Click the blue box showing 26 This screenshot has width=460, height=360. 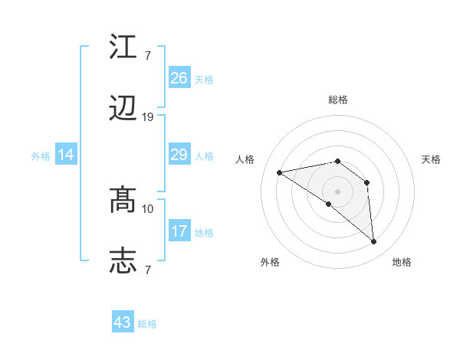(x=179, y=78)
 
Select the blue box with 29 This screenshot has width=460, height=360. (x=179, y=155)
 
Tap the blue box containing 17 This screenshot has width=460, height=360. (x=179, y=232)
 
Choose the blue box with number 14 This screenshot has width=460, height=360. (x=66, y=155)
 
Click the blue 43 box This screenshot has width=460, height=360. (x=123, y=322)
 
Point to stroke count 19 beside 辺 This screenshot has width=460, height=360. (x=148, y=117)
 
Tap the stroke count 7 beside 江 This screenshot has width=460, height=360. (x=148, y=55)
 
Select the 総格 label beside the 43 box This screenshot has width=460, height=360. (x=147, y=324)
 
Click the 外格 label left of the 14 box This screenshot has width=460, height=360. (x=41, y=156)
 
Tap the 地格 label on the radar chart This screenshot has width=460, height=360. (x=402, y=262)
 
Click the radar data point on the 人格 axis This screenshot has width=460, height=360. (x=280, y=172)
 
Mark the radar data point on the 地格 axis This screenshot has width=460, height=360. (x=373, y=242)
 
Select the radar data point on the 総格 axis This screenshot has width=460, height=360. (x=337, y=161)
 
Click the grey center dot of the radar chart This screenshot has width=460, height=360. (x=337, y=191)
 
